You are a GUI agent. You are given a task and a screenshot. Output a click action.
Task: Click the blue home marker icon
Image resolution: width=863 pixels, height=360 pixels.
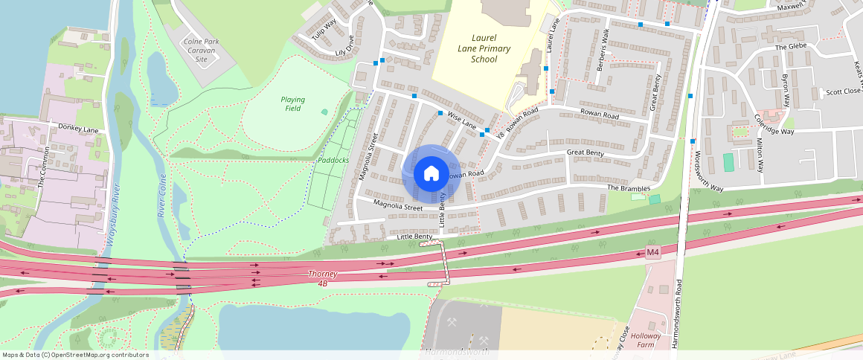coord(431,173)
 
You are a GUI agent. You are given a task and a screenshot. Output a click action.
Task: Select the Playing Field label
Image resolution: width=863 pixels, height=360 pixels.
coord(293,103)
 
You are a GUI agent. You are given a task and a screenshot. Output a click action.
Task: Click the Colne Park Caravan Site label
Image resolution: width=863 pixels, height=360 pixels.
coord(201,49)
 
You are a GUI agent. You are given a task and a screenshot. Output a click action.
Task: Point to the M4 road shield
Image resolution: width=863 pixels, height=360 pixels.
coord(652,253)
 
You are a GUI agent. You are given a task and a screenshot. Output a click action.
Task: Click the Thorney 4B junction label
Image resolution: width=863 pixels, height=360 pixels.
coord(323,278)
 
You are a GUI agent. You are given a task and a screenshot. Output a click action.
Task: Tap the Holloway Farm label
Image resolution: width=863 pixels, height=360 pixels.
coord(646,341)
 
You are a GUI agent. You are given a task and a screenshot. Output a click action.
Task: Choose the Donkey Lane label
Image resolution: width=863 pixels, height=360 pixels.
coord(78,129)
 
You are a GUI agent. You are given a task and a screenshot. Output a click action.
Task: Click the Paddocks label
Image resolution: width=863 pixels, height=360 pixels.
coord(333,160)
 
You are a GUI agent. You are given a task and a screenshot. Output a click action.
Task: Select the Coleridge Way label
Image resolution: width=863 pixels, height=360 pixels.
coord(774,124)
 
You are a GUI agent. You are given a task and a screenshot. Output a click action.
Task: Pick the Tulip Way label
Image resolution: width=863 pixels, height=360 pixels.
coord(324,30)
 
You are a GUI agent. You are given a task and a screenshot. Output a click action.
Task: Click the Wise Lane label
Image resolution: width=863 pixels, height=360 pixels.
coord(461,121)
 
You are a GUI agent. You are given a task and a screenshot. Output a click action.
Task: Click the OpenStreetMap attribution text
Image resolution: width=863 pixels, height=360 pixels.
coord(75,355)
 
